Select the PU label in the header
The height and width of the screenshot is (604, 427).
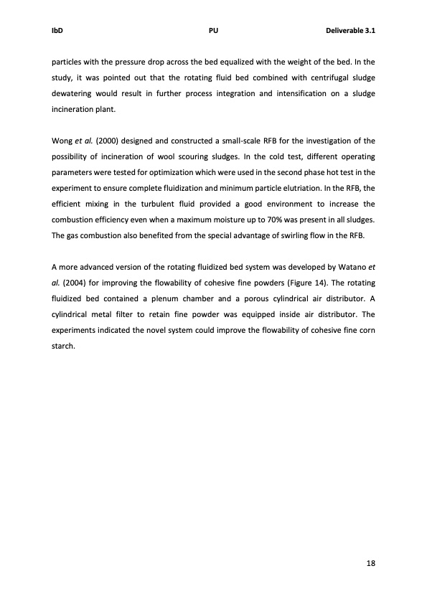213,31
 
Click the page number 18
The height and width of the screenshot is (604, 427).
371,563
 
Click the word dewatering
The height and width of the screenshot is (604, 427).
74,95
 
